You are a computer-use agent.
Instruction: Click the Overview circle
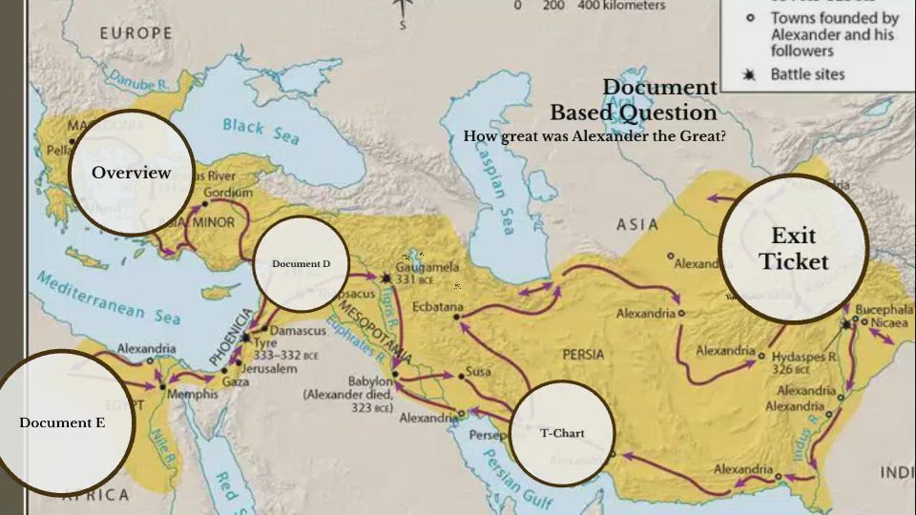(x=131, y=173)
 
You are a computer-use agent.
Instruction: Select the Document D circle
(x=301, y=264)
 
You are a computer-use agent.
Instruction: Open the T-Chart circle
(x=561, y=433)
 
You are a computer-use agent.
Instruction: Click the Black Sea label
(x=260, y=131)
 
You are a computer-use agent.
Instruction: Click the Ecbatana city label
(x=437, y=307)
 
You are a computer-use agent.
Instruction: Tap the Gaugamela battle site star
(x=385, y=278)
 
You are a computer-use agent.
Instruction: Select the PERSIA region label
(x=583, y=354)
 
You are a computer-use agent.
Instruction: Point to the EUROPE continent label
(x=136, y=33)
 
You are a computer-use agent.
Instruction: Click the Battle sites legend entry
(x=807, y=74)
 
